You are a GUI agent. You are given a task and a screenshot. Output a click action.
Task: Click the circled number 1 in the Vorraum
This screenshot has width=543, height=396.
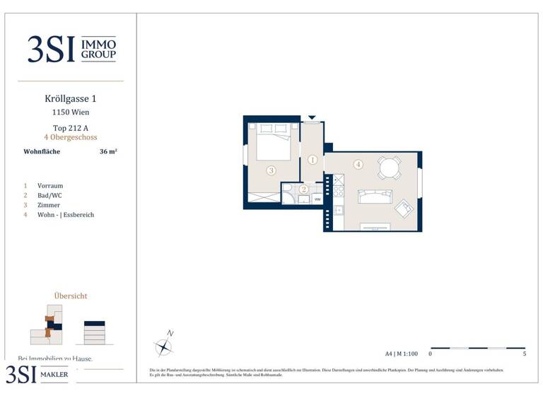313,161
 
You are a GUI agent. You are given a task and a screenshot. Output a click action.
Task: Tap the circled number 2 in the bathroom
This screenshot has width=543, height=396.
303,189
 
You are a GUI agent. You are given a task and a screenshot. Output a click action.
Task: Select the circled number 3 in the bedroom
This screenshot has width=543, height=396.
271,170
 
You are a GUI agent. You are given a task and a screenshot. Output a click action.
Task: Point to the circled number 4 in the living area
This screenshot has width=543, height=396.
358,165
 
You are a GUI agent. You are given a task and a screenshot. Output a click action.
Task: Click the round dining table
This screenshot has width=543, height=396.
389,168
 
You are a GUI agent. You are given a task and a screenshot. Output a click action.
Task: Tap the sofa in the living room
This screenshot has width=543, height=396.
374,196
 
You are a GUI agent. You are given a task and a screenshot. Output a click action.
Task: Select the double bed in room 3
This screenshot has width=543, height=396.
273,141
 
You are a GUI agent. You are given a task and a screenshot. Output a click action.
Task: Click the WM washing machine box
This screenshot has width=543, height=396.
317,199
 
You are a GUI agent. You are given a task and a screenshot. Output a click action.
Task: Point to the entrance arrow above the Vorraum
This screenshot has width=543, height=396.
312,118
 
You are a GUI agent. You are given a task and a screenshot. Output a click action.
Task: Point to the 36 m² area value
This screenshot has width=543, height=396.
107,151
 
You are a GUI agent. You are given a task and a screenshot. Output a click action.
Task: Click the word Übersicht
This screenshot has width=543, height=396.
71,296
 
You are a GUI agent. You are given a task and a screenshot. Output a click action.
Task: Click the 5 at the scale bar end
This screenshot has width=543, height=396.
524,354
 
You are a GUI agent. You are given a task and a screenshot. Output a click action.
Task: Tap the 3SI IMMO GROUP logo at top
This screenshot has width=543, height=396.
71,49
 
